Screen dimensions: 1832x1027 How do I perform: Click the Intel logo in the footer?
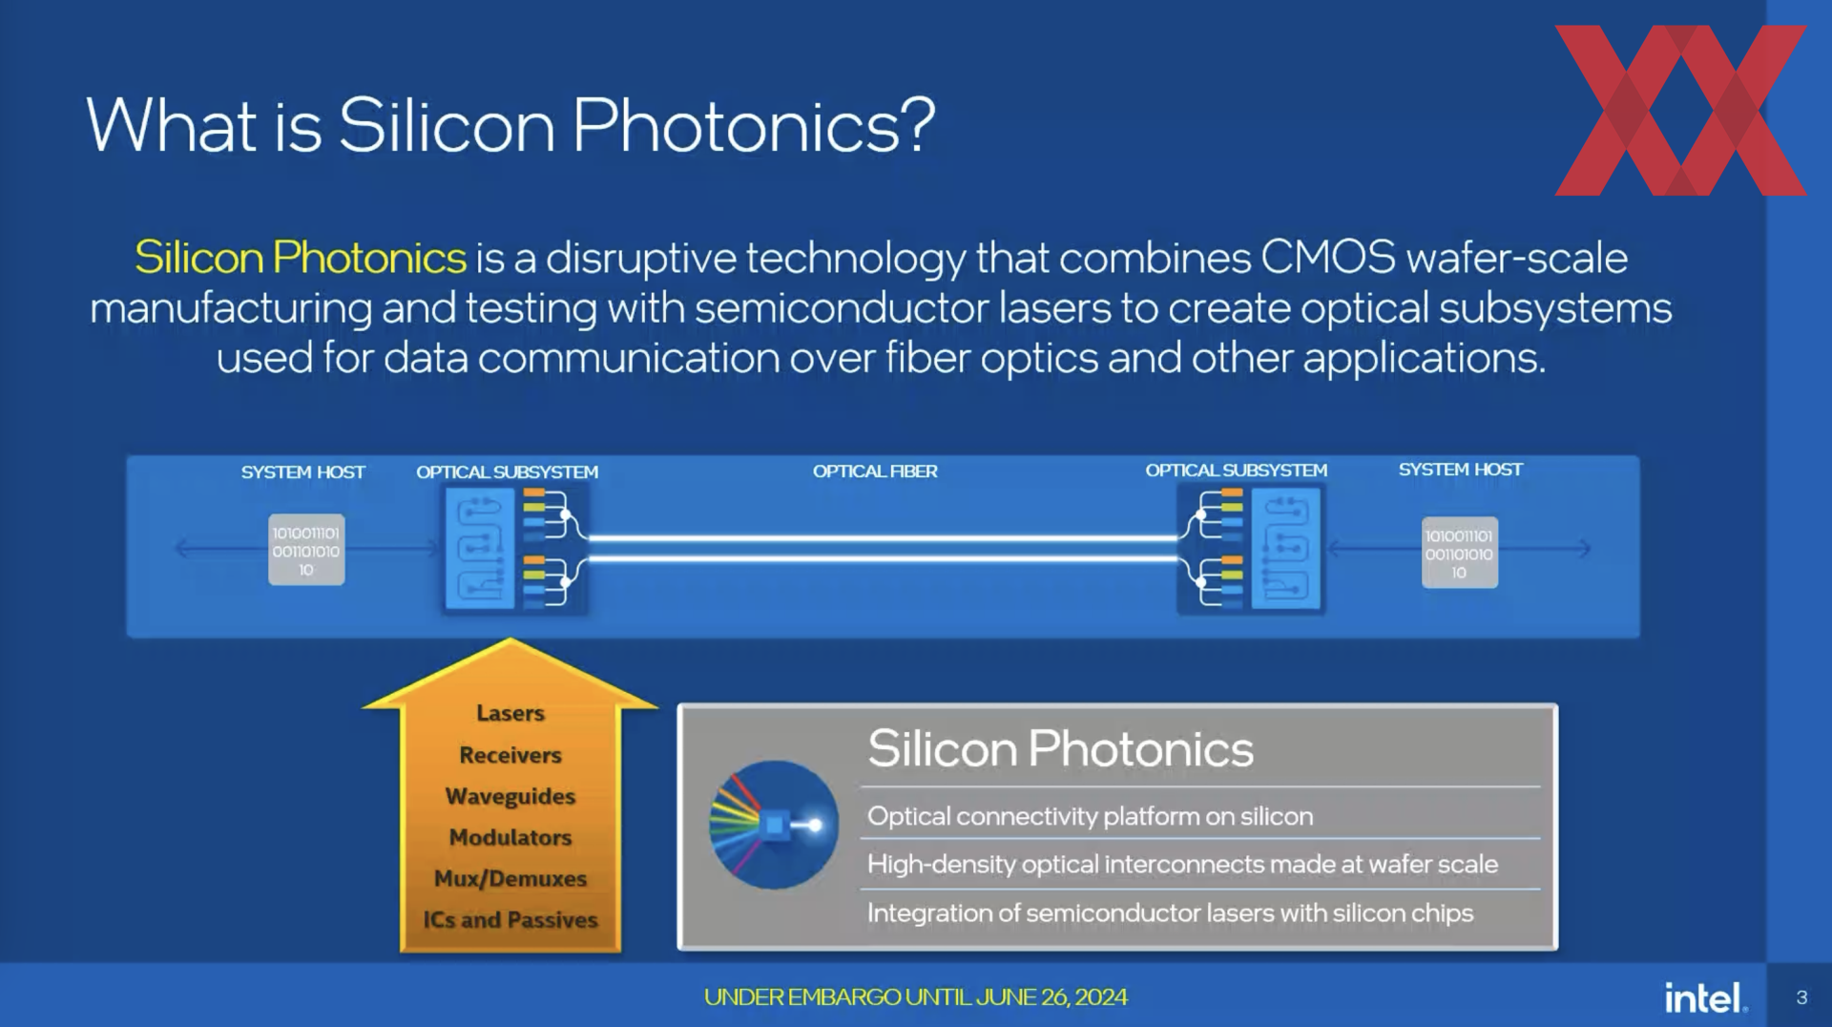(1706, 997)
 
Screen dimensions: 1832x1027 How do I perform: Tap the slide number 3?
(1801, 997)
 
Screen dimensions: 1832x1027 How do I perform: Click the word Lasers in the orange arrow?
(510, 713)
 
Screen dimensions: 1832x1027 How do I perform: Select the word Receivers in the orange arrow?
(510, 755)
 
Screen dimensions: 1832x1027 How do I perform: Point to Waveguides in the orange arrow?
(510, 796)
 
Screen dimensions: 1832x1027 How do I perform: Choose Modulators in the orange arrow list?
(510, 837)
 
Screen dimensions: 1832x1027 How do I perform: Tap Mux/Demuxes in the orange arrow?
(510, 878)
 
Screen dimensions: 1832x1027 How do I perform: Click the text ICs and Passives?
(510, 920)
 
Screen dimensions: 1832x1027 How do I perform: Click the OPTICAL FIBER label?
(875, 472)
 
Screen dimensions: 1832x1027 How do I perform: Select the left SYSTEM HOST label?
(302, 472)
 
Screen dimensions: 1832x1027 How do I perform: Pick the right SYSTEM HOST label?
(1460, 470)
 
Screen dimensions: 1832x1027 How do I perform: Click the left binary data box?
(306, 550)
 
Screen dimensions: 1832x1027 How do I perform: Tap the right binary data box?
(1459, 553)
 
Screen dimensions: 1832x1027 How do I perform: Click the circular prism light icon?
(773, 825)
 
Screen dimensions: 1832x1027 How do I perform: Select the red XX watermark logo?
(1680, 111)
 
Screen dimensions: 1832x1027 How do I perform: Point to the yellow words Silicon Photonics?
(301, 258)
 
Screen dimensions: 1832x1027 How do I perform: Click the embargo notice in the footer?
(916, 997)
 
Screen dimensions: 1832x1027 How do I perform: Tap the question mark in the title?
(917, 124)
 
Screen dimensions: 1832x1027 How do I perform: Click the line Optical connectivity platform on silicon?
(1090, 817)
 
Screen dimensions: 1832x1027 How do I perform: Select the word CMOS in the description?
(1328, 258)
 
